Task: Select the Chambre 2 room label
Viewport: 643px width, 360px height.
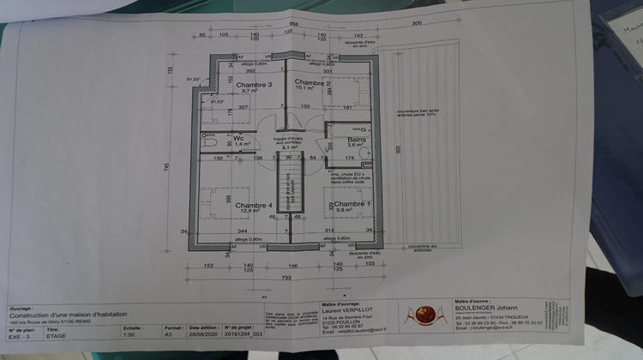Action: coord(312,83)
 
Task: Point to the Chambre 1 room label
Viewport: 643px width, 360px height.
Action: coord(352,203)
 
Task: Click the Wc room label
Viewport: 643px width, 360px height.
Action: coord(239,137)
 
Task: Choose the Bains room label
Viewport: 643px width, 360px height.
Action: coord(358,140)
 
